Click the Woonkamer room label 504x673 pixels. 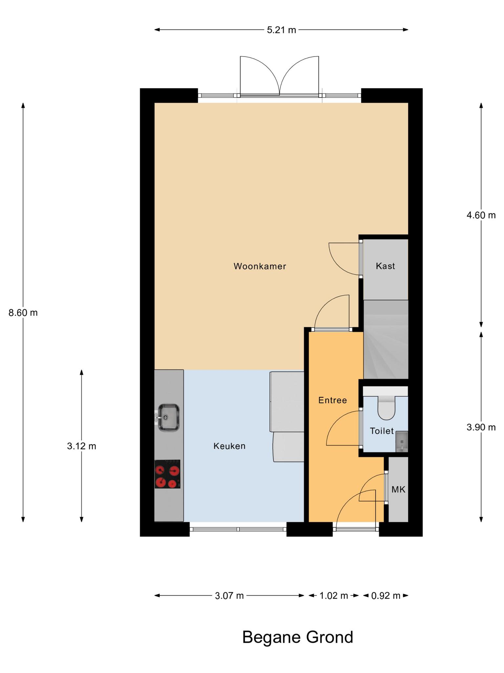click(260, 266)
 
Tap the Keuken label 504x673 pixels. click(229, 446)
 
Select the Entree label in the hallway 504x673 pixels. click(332, 400)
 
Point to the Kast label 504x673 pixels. click(385, 266)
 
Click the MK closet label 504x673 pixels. click(398, 490)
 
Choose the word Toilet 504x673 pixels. click(382, 431)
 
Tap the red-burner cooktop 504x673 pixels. click(167, 474)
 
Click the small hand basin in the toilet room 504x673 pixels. click(402, 442)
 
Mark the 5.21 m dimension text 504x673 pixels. click(281, 30)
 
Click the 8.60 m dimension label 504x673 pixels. click(23, 313)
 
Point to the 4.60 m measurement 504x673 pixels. click(481, 215)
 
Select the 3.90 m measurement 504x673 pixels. click(481, 427)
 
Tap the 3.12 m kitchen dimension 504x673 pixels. click(81, 446)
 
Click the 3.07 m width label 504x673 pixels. click(229, 595)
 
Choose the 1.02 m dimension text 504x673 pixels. click(334, 595)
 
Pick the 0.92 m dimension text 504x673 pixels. click(386, 595)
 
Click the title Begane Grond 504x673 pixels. click(298, 637)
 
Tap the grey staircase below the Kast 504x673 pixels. click(386, 339)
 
